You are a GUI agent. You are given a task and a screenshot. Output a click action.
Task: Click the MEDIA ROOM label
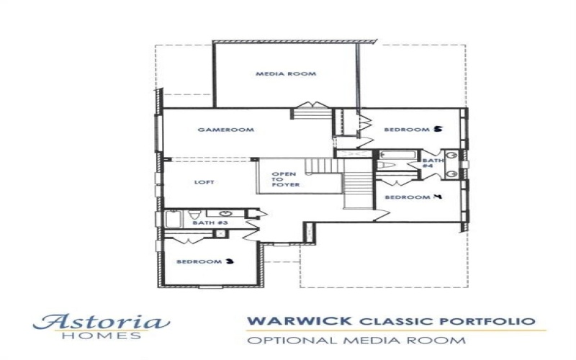[x=286, y=74]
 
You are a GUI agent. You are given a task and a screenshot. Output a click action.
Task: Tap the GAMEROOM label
[x=217, y=130]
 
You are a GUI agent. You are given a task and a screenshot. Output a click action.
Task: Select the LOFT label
[x=204, y=182]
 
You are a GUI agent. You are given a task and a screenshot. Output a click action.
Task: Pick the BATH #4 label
[x=428, y=163]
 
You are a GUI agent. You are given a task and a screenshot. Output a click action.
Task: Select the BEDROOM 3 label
[x=205, y=261]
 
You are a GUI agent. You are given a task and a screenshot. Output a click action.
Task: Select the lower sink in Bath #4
[x=452, y=173]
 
